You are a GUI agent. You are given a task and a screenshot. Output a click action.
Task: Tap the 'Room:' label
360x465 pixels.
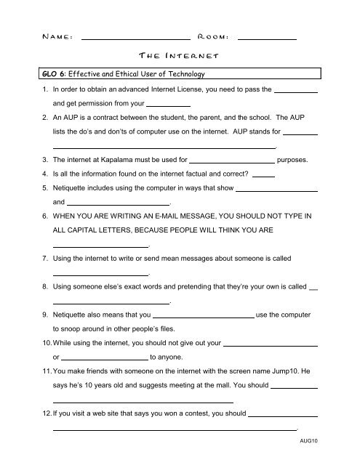point(214,35)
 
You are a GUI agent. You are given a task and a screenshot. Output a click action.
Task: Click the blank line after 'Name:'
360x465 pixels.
point(135,37)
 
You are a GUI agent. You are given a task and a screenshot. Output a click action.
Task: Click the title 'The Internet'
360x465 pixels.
point(179,55)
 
